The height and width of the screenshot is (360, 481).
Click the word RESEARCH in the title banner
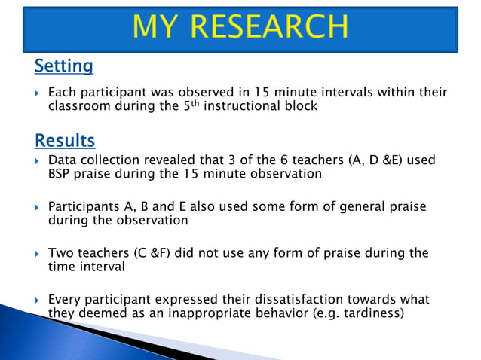point(267,28)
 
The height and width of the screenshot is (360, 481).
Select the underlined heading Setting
point(63,66)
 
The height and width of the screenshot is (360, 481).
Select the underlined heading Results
point(65,140)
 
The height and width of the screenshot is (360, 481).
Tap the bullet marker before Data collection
point(38,161)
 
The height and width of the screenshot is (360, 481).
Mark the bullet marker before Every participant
point(38,300)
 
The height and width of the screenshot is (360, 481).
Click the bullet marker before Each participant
point(38,93)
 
